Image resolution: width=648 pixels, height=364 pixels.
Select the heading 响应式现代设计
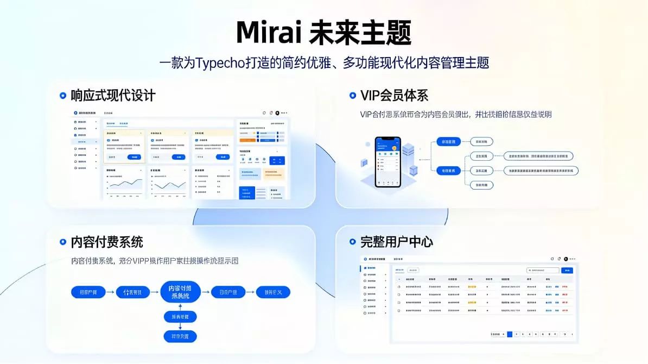pyautogui.click(x=113, y=96)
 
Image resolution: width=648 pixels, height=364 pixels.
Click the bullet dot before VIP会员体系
pyautogui.click(x=352, y=96)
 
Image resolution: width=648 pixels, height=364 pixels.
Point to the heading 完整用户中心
pyautogui.click(x=397, y=242)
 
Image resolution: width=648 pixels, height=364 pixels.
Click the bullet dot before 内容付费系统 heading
pyautogui.click(x=63, y=242)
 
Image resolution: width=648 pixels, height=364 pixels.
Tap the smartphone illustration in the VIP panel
pyautogui.click(x=387, y=161)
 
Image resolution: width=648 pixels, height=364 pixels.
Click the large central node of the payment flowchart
pyautogui.click(x=180, y=292)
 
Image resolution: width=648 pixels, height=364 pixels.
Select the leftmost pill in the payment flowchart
pyautogui.click(x=88, y=292)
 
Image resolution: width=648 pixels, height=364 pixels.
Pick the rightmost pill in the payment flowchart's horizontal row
pyautogui.click(x=273, y=292)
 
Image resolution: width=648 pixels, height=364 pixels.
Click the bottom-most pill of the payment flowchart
pyautogui.click(x=180, y=336)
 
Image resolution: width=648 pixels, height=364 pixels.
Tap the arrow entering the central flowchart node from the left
pyautogui.click(x=154, y=292)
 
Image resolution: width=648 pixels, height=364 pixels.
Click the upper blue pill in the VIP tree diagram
pyautogui.click(x=448, y=142)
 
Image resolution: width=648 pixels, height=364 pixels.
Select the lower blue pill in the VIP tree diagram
pyautogui.click(x=448, y=171)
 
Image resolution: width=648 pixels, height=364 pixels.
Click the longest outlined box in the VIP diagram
pyautogui.click(x=541, y=171)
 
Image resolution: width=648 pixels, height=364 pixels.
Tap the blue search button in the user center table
pyautogui.click(x=567, y=270)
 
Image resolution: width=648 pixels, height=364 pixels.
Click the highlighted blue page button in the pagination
pyautogui.click(x=510, y=334)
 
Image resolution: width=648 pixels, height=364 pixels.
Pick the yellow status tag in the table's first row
pyautogui.click(x=472, y=286)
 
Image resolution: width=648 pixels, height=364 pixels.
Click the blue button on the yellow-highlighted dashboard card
pyautogui.click(x=134, y=157)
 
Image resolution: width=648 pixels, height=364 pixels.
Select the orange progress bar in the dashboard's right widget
pyautogui.click(x=249, y=140)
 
